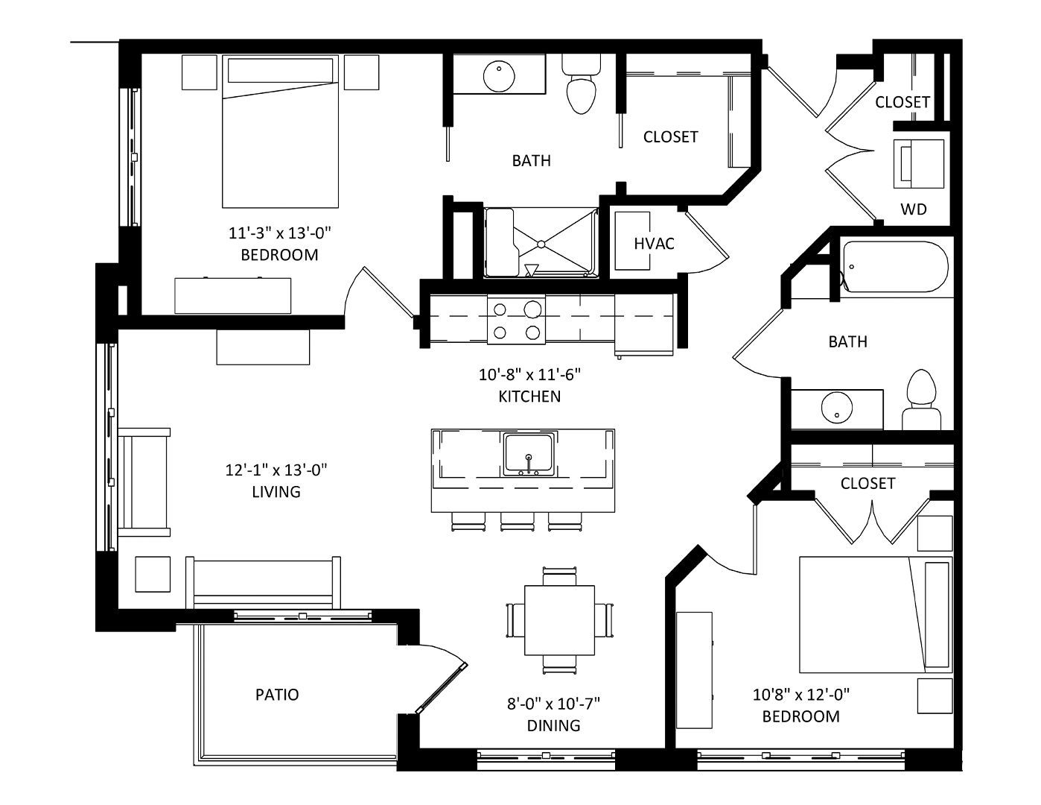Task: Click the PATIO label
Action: [277, 694]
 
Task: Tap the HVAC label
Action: [654, 244]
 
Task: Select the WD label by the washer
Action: [914, 209]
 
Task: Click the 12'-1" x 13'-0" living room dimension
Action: [276, 470]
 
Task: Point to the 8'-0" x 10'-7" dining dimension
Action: [553, 704]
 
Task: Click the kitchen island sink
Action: [529, 454]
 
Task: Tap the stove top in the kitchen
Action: [517, 320]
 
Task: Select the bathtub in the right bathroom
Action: [895, 267]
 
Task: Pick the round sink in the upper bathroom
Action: [499, 76]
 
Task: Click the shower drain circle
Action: [541, 244]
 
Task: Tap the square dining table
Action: [559, 620]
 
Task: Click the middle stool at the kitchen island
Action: [517, 522]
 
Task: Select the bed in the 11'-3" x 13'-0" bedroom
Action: [280, 131]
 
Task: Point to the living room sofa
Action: [263, 583]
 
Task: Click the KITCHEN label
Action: [529, 396]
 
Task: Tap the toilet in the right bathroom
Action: [921, 400]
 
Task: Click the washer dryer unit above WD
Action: [918, 164]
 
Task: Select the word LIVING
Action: [276, 491]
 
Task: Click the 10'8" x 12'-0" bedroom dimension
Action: [801, 694]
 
